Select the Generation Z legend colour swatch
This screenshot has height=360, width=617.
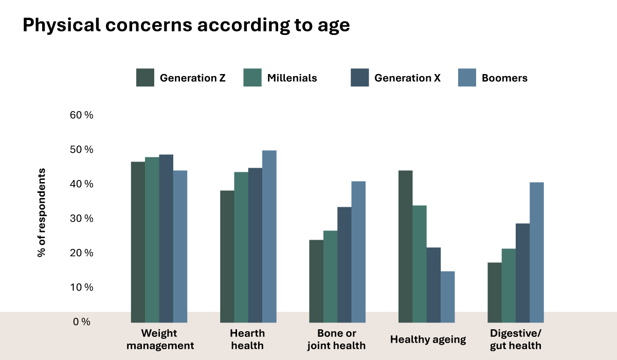click(x=146, y=78)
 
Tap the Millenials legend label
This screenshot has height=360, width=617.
click(x=292, y=78)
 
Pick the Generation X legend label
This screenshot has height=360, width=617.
click(x=407, y=78)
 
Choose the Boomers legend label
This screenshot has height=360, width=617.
click(x=504, y=78)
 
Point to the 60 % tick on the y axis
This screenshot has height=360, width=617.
click(x=81, y=115)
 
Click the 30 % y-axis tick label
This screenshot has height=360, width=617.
click(x=81, y=219)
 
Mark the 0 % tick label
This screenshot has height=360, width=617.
click(x=81, y=322)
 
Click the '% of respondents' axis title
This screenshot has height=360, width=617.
click(x=41, y=212)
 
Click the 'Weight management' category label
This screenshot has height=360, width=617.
click(x=160, y=339)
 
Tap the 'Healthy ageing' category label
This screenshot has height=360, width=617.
click(x=428, y=339)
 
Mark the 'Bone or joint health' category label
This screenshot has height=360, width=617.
click(x=337, y=339)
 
